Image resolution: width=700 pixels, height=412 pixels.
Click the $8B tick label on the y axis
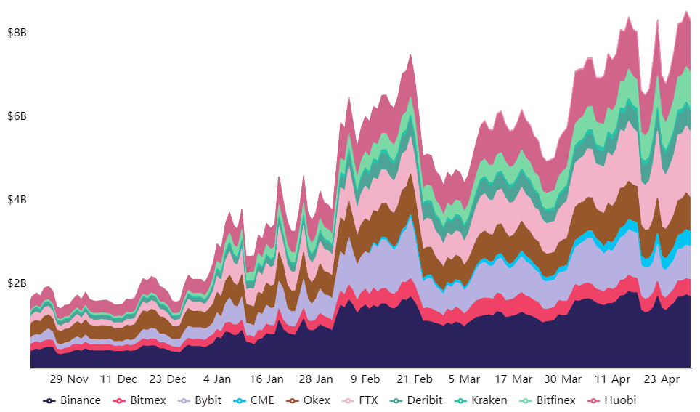17,33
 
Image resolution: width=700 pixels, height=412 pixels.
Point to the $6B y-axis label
17,116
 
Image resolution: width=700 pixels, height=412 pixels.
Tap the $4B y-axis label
17,200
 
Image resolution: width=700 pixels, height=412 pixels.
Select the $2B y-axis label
17,283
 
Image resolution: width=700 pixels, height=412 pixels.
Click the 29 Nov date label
69,379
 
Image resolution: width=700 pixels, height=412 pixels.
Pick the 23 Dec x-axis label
167,379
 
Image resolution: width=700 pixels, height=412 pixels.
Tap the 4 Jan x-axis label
217,379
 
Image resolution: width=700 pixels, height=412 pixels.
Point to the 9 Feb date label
365,379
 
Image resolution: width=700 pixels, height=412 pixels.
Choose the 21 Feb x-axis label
415,379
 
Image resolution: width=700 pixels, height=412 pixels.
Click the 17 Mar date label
513,379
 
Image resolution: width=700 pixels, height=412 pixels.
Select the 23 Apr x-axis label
662,379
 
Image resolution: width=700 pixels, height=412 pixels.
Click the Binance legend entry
73,400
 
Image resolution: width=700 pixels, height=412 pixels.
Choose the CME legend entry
255,400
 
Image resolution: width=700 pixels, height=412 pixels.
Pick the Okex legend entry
309,400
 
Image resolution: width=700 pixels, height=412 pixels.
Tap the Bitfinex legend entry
549,400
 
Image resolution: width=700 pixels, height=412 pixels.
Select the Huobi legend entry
614,400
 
